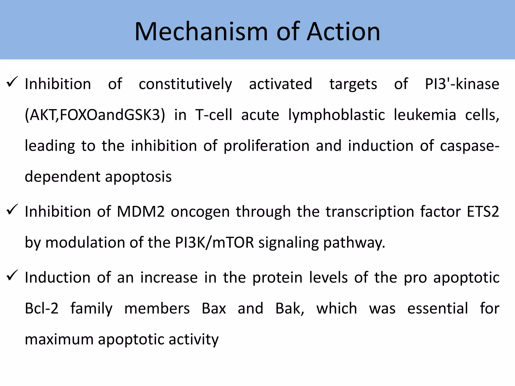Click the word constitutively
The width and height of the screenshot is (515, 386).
pos(185,84)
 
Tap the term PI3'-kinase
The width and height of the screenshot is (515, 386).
pos(462,84)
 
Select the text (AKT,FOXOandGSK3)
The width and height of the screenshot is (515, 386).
pos(95,115)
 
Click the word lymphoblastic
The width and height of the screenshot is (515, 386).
pos(336,115)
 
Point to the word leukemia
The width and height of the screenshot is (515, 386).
pos(425,115)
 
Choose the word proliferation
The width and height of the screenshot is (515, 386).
pos(266,146)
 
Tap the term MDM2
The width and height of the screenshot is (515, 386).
pos(141,212)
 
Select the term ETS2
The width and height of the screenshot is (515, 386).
pos(483,212)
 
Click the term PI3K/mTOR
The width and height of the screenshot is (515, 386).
pos(214,243)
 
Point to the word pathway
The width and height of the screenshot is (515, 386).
pos(354,243)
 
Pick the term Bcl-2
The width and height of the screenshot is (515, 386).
pos(41,309)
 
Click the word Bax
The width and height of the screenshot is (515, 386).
pos(214,309)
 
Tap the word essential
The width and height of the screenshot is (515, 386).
pos(438,309)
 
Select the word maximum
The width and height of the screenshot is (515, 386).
pos(59,340)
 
